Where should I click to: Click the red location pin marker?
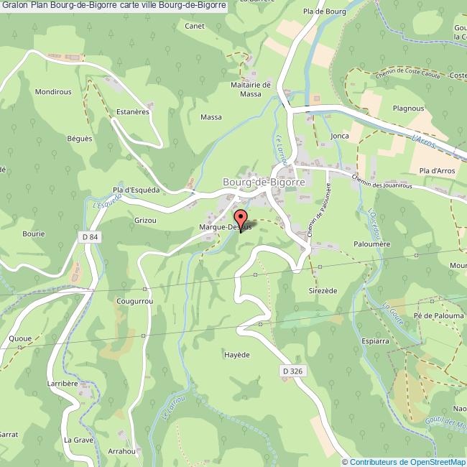pyautogui.click(x=241, y=218)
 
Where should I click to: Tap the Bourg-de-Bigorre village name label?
pyautogui.click(x=264, y=183)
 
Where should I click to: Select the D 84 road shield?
pyautogui.click(x=89, y=236)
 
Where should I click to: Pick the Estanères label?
pyautogui.click(x=132, y=112)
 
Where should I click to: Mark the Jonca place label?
pyautogui.click(x=340, y=135)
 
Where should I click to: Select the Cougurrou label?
pyautogui.click(x=134, y=302)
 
